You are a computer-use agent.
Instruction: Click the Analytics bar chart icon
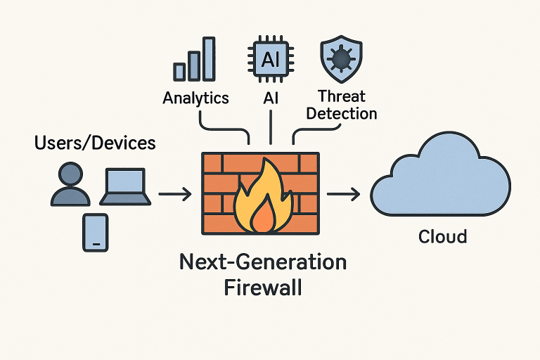pyautogui.click(x=194, y=59)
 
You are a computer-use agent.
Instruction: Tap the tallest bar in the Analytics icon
pyautogui.click(x=208, y=58)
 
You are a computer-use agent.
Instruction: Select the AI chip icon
pyautogui.click(x=270, y=60)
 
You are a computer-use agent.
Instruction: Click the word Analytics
pyautogui.click(x=195, y=98)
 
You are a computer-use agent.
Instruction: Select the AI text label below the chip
pyautogui.click(x=271, y=98)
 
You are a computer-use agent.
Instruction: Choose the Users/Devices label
pyautogui.click(x=95, y=143)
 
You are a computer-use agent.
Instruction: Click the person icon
pyautogui.click(x=70, y=185)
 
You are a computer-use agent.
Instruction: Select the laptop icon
pyautogui.click(x=127, y=186)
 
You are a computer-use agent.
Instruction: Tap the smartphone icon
pyautogui.click(x=96, y=232)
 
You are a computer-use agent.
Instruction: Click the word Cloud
pyautogui.click(x=442, y=236)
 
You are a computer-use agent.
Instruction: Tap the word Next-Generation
pyautogui.click(x=263, y=262)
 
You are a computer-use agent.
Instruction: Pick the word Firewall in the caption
pyautogui.click(x=262, y=288)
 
